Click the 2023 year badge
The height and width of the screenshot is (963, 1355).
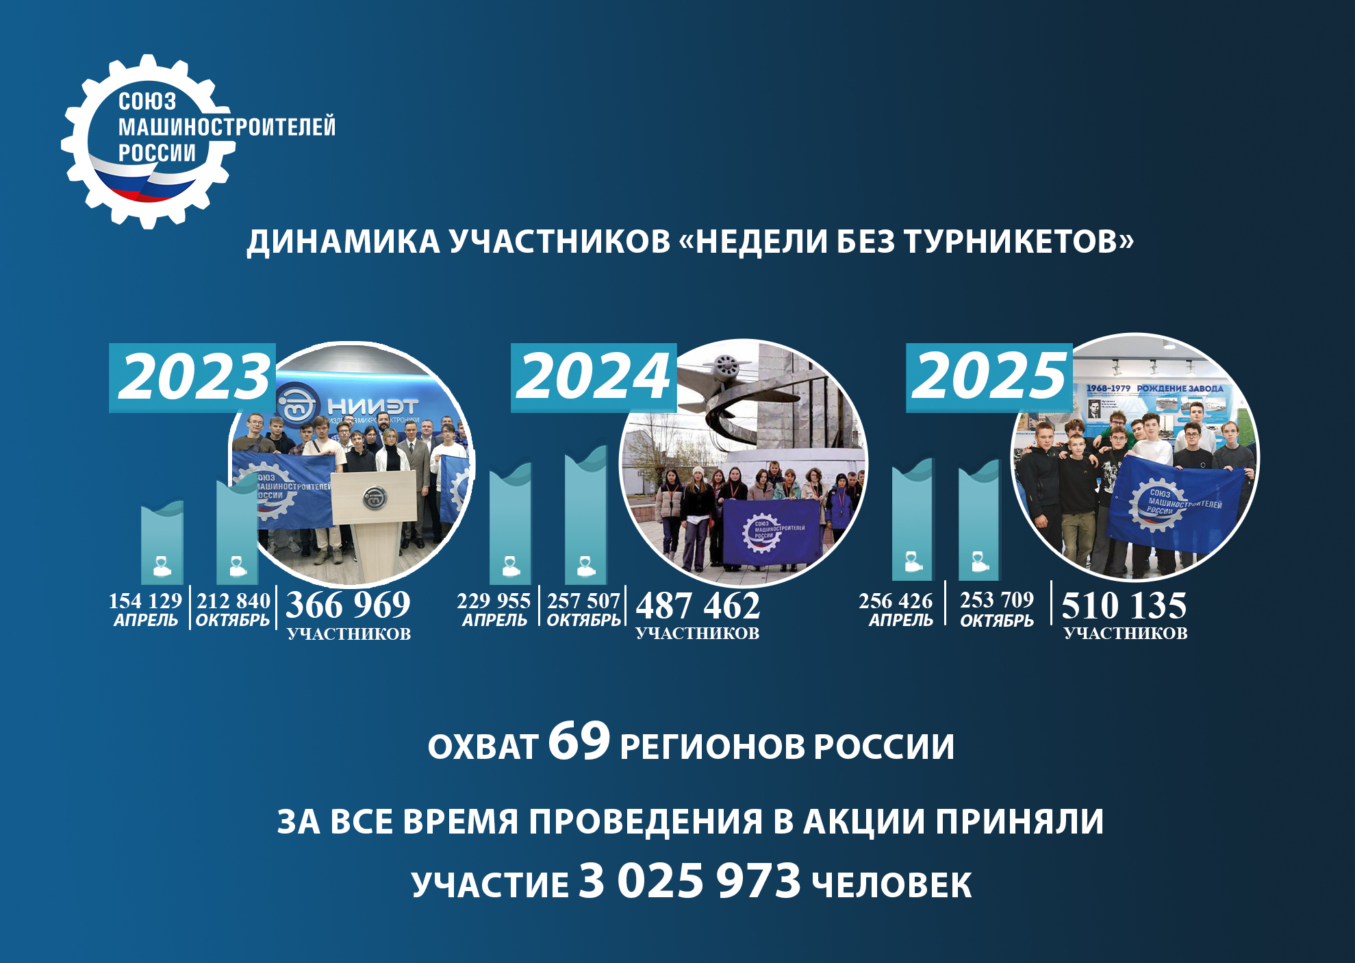click(x=192, y=377)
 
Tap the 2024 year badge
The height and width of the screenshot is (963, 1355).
click(x=593, y=377)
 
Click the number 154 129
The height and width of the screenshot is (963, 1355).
click(x=145, y=601)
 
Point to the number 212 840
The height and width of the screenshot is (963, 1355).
click(x=233, y=601)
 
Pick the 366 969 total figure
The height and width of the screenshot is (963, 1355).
click(x=348, y=605)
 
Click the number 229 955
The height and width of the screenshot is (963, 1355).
click(x=494, y=601)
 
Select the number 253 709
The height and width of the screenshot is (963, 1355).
click(x=997, y=600)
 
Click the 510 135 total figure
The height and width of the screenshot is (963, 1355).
click(x=1124, y=605)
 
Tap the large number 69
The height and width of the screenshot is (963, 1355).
click(x=579, y=741)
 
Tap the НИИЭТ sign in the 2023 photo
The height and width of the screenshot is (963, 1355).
click(x=372, y=405)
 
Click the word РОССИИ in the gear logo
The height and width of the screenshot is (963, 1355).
click(x=157, y=153)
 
